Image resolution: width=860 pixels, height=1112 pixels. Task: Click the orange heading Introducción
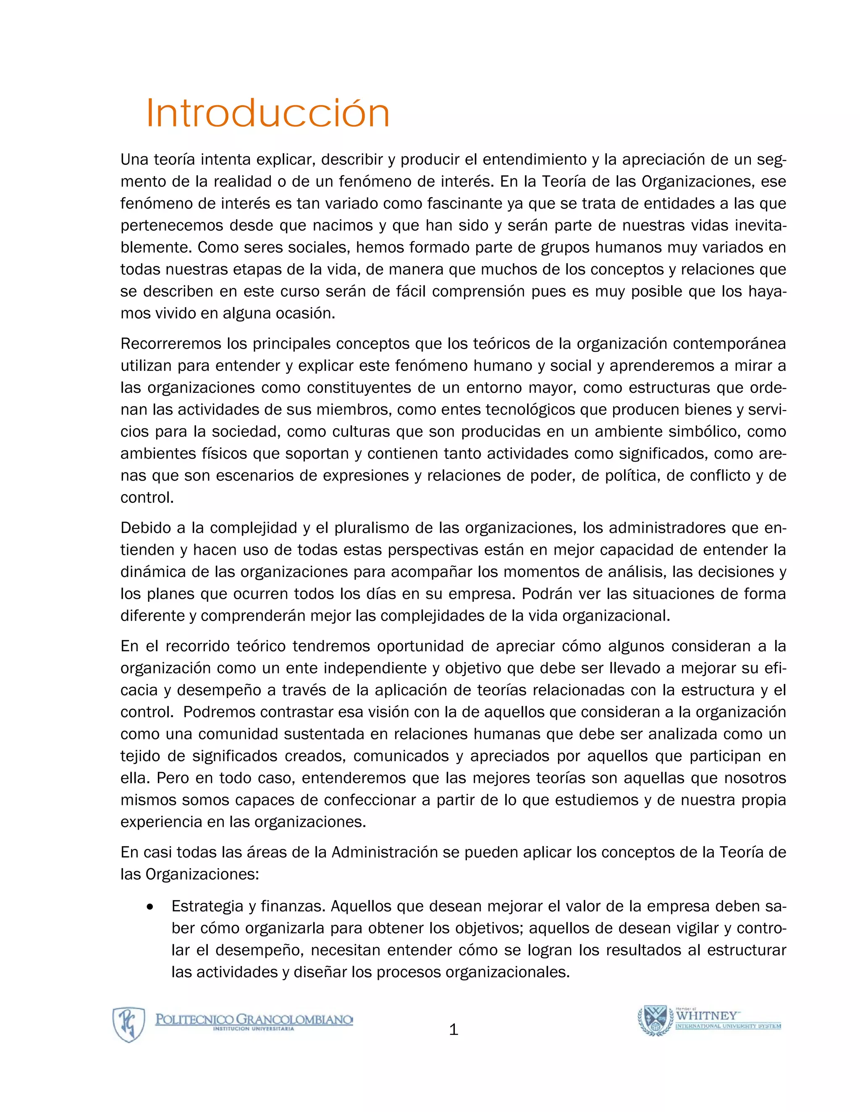[x=267, y=113]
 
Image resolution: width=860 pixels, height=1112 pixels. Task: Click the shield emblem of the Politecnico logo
[x=128, y=1024]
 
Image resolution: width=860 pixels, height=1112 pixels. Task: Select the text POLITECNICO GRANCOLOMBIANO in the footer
[x=254, y=1019]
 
